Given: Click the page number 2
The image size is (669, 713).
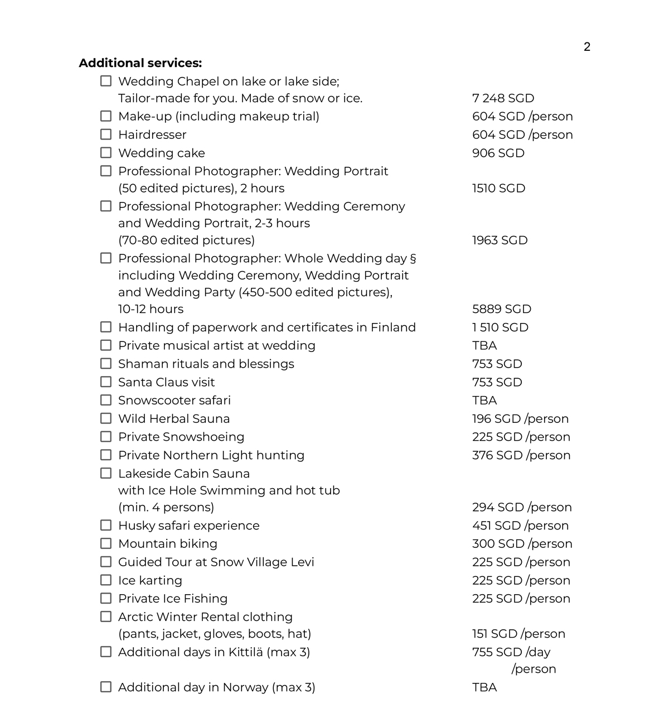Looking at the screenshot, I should [x=586, y=47].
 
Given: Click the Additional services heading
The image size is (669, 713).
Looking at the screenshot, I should [x=140, y=63].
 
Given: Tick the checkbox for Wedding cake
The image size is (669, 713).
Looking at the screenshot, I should [x=106, y=153].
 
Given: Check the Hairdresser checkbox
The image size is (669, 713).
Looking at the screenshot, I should [x=106, y=134].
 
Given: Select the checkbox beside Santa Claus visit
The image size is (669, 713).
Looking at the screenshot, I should [x=106, y=382].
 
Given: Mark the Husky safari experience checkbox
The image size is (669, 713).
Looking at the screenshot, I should [x=106, y=526].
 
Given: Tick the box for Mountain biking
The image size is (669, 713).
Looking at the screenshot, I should [x=106, y=543].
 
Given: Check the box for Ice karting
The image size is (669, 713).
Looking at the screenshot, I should [x=106, y=580].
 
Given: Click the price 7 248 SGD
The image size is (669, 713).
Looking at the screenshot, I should [x=503, y=98].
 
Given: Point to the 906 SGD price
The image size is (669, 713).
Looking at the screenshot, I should [x=498, y=153].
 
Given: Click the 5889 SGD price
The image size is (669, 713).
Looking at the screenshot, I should [x=501, y=309].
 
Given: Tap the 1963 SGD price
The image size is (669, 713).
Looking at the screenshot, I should [x=500, y=240].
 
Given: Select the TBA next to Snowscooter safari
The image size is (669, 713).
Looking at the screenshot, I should [x=484, y=401].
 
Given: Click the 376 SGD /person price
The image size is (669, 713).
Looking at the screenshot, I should [x=521, y=455].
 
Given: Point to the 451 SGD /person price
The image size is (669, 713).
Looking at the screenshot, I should [x=520, y=526].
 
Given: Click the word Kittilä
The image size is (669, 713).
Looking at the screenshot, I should [x=242, y=652].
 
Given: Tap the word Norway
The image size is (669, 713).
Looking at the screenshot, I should [x=245, y=687].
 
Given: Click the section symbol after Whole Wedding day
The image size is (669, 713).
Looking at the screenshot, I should [x=413, y=258].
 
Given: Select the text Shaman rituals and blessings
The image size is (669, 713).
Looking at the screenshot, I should [x=206, y=364].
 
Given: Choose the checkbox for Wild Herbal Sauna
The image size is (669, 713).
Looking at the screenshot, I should [x=106, y=418].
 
